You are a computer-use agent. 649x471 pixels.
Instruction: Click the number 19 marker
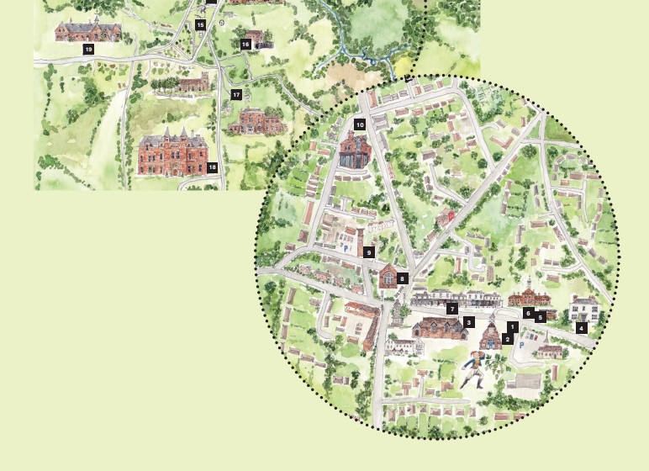click(88, 50)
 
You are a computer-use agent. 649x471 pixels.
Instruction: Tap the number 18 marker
click(213, 167)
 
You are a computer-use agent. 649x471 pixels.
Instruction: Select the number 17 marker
click(236, 95)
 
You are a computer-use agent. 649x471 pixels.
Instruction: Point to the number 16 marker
click(245, 45)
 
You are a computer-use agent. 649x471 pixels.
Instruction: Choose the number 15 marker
click(200, 25)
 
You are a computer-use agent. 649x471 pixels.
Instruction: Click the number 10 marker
click(360, 124)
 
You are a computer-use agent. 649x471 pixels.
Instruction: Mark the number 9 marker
click(368, 251)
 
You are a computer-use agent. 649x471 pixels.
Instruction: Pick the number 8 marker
click(403, 278)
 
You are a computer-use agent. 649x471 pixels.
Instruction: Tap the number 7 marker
click(452, 309)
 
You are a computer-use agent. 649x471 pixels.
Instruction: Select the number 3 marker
click(469, 322)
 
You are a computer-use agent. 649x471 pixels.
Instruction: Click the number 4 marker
click(582, 328)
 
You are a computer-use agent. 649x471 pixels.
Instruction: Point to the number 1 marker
click(513, 326)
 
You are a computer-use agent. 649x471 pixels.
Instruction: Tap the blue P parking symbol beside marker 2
click(521, 346)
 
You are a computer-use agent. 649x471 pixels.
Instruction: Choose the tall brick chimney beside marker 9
click(360, 243)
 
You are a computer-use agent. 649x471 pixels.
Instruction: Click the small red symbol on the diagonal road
click(451, 216)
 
